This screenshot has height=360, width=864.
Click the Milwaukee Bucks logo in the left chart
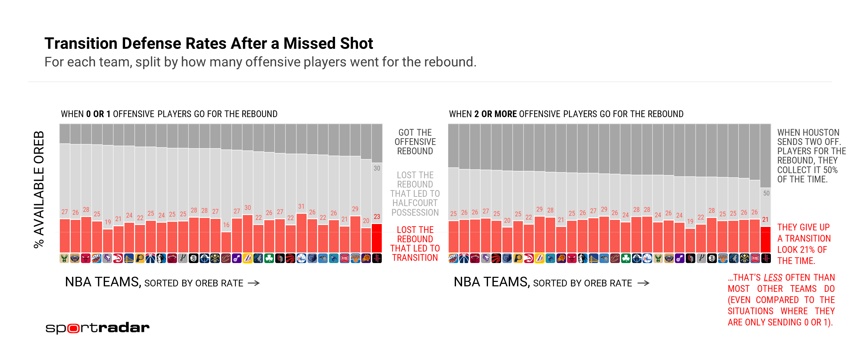click(64, 258)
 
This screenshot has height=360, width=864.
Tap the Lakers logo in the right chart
click(539, 258)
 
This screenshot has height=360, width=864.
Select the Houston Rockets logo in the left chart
click(377, 258)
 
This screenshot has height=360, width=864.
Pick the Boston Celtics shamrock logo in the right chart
click(626, 258)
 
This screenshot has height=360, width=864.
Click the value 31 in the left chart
click(301, 207)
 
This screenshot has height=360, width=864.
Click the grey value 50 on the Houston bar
click(766, 193)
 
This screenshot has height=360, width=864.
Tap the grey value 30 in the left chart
click(377, 168)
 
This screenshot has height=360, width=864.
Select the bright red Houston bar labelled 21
click(765, 240)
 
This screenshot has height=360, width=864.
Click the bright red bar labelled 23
click(377, 238)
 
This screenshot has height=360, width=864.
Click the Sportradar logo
click(97, 328)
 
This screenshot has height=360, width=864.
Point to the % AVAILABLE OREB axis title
click(39, 189)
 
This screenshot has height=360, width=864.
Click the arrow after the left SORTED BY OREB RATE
click(254, 284)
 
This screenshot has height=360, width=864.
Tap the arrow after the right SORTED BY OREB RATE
click(643, 284)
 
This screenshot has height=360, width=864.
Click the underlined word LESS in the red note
click(773, 278)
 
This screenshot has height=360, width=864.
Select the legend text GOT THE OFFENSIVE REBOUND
click(415, 142)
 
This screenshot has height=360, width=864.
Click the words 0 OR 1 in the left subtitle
click(98, 114)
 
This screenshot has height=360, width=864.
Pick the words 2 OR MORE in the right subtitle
click(495, 114)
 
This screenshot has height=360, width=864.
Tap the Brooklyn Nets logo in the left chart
click(194, 258)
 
